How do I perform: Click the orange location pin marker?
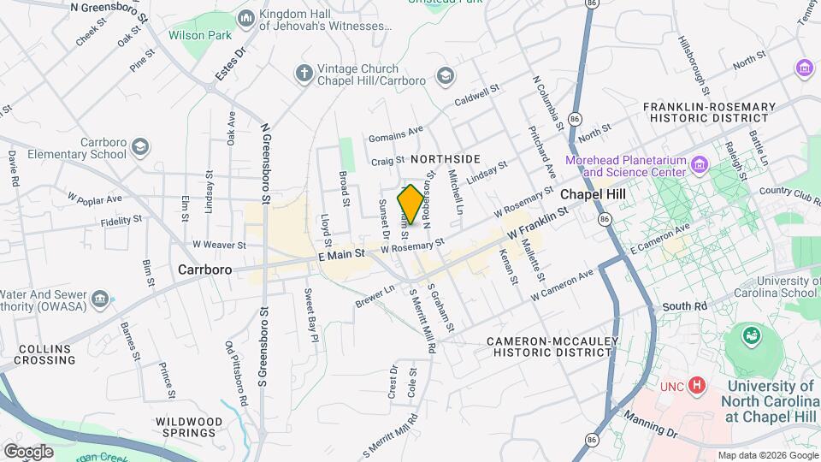410,204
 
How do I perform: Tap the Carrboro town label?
205,269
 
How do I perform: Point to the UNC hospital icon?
697,386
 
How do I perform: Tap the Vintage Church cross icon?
304,74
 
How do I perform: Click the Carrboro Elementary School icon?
139,148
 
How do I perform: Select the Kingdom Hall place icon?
246,18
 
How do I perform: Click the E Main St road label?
341,254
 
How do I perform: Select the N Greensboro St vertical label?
266,163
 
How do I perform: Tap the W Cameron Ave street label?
561,286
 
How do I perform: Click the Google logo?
28,451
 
